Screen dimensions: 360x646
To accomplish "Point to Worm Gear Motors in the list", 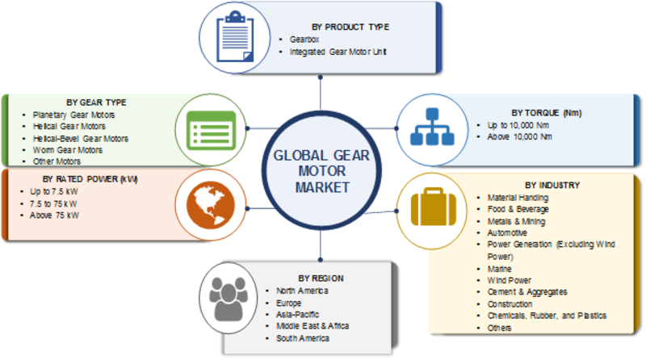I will [68, 149].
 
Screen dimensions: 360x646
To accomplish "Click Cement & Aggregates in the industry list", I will [527, 291].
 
